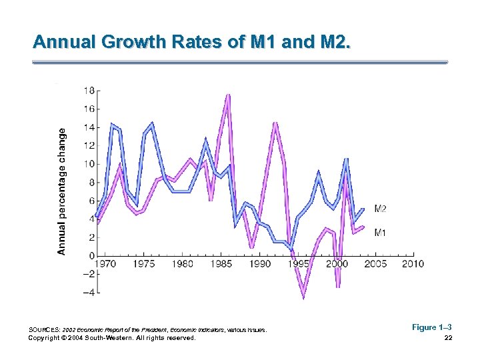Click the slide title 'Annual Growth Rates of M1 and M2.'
click(191, 43)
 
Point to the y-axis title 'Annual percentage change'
click(62, 192)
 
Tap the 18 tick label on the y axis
click(88, 90)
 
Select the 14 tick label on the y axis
click(88, 127)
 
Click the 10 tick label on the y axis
click(88, 164)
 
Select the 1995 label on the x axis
click(299, 264)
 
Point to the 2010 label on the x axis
click(413, 264)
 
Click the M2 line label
click(380, 209)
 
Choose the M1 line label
click(380, 232)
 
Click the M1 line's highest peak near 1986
click(228, 96)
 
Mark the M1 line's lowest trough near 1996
click(304, 295)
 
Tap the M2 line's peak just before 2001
click(346, 159)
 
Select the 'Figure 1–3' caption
click(431, 327)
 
